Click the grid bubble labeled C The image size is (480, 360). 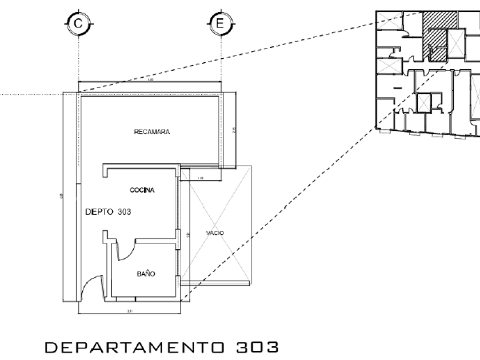coord(78,23)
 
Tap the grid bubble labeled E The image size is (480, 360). coord(219,23)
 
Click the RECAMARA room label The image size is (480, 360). coord(152,132)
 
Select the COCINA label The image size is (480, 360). coord(142,190)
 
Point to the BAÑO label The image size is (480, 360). coord(146,274)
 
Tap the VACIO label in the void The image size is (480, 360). coord(215,233)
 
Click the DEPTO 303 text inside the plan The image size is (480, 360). coord(108,211)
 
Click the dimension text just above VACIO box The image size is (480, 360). coord(199,179)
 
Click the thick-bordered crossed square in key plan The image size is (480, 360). coord(424,103)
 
